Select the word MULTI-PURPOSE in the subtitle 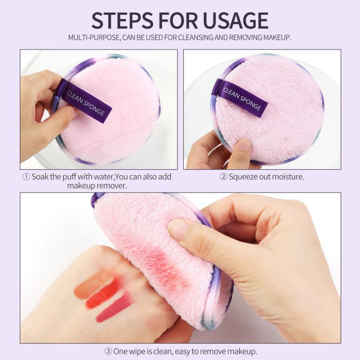click(94, 37)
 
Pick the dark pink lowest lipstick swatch click(112, 309)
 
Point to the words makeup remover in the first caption click(97, 185)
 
